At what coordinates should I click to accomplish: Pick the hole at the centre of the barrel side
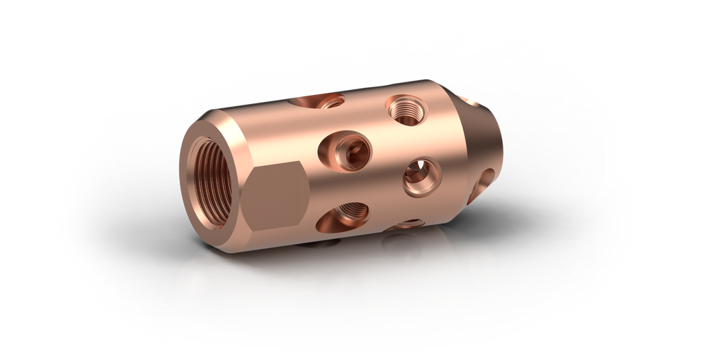click(345, 152)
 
